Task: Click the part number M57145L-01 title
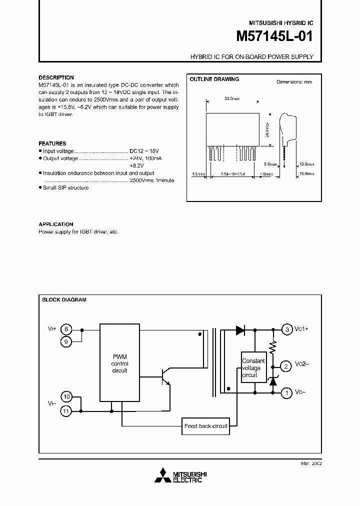tap(274, 37)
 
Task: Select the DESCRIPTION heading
tap(56, 77)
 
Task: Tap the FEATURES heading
tap(52, 143)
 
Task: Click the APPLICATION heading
tap(56, 224)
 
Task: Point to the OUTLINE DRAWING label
tap(214, 79)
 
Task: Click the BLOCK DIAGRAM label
tap(64, 300)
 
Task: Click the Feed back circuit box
tap(206, 426)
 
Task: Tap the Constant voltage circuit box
tap(253, 367)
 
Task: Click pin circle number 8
tap(66, 329)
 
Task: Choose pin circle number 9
tap(66, 341)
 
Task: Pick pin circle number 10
tap(66, 397)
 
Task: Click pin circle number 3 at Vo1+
tap(286, 329)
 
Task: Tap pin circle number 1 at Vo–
tap(286, 393)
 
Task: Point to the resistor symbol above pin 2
tap(273, 347)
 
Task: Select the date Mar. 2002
tap(311, 463)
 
